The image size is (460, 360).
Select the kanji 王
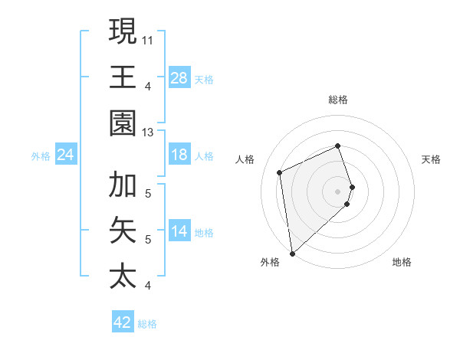click(123, 77)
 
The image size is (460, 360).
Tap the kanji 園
click(123, 123)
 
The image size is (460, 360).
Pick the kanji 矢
click(123, 230)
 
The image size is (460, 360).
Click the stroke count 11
click(148, 38)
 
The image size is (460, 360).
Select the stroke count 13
click(148, 132)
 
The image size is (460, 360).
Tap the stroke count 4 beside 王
click(148, 86)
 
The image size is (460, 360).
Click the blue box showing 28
click(179, 78)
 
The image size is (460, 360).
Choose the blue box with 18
click(179, 155)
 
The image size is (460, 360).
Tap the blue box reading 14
click(179, 232)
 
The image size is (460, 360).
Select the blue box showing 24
click(66, 155)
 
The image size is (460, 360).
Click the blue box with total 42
click(123, 322)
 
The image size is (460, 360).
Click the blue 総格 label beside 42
click(147, 324)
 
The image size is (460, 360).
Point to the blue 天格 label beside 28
click(204, 80)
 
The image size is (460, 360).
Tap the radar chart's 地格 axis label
click(402, 262)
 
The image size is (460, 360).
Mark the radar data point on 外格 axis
click(292, 254)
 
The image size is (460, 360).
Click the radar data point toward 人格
click(280, 172)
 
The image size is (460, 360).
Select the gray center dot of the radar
click(338, 190)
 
